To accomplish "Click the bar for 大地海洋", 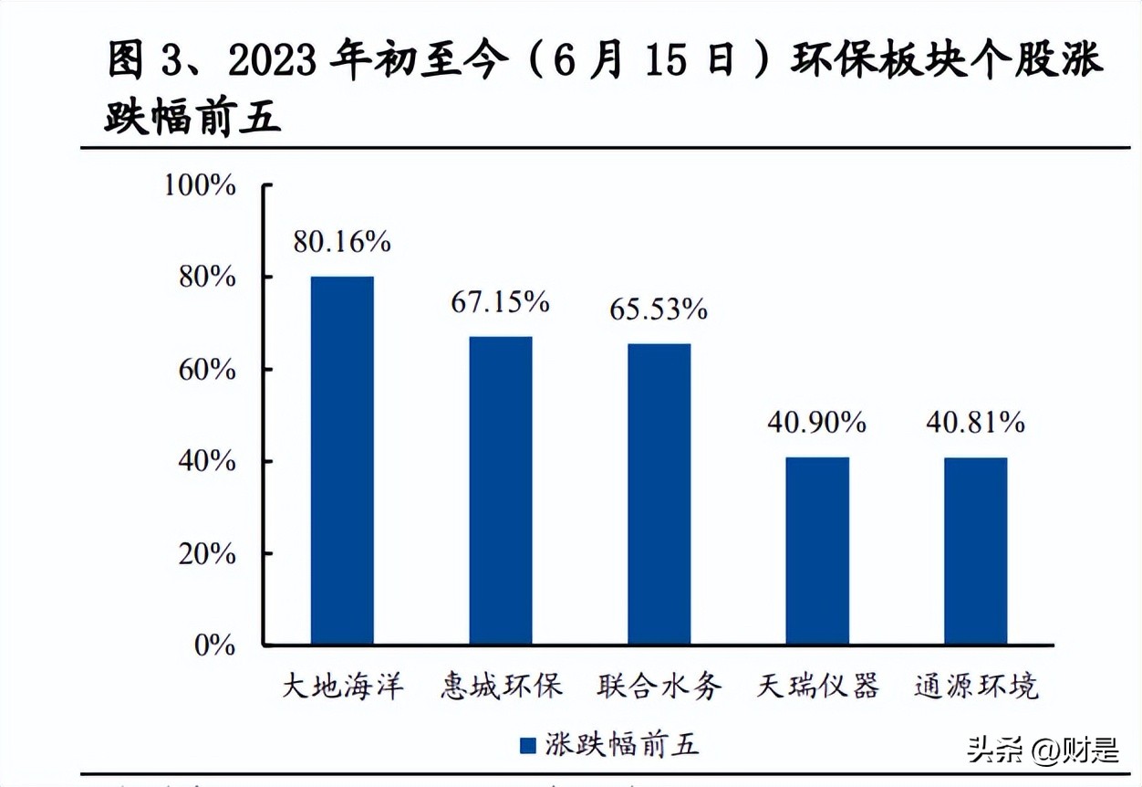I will pos(342,460).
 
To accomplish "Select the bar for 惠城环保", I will pos(501,490).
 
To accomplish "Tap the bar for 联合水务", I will pos(659,494).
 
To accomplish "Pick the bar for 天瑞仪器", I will pos(817,551).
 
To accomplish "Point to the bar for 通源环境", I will pos(975,551).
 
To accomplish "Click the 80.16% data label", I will pos(342,242).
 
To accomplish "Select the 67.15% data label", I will pos(500,302).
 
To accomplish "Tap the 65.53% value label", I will pos(659,310).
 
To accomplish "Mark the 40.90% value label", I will pos(817,423).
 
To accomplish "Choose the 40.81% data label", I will pos(975,423).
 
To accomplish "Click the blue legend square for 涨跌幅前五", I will pos(527,746).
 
